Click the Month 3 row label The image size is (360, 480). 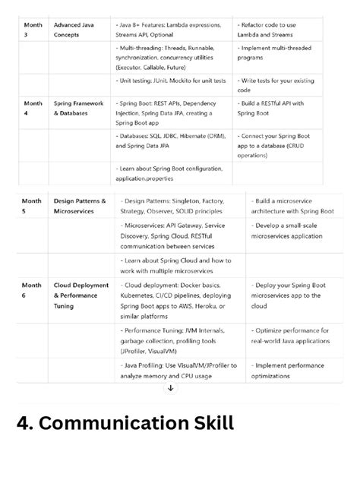(33, 30)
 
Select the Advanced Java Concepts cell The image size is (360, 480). (71, 30)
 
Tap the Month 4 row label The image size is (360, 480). (33, 108)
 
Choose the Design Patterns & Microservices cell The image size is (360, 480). (80, 206)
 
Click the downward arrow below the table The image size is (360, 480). (170, 388)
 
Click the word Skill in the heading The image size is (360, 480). (210, 423)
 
